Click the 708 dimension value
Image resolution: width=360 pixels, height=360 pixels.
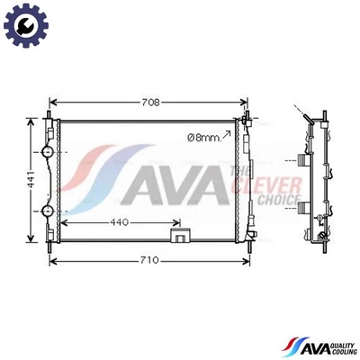[x=149, y=102]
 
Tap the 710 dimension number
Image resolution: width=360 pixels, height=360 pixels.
[x=149, y=260]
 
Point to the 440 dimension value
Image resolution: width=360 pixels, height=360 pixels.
[x=118, y=221]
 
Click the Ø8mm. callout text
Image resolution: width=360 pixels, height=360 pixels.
[x=202, y=137]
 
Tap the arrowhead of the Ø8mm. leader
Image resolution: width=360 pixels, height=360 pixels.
[x=229, y=131]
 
